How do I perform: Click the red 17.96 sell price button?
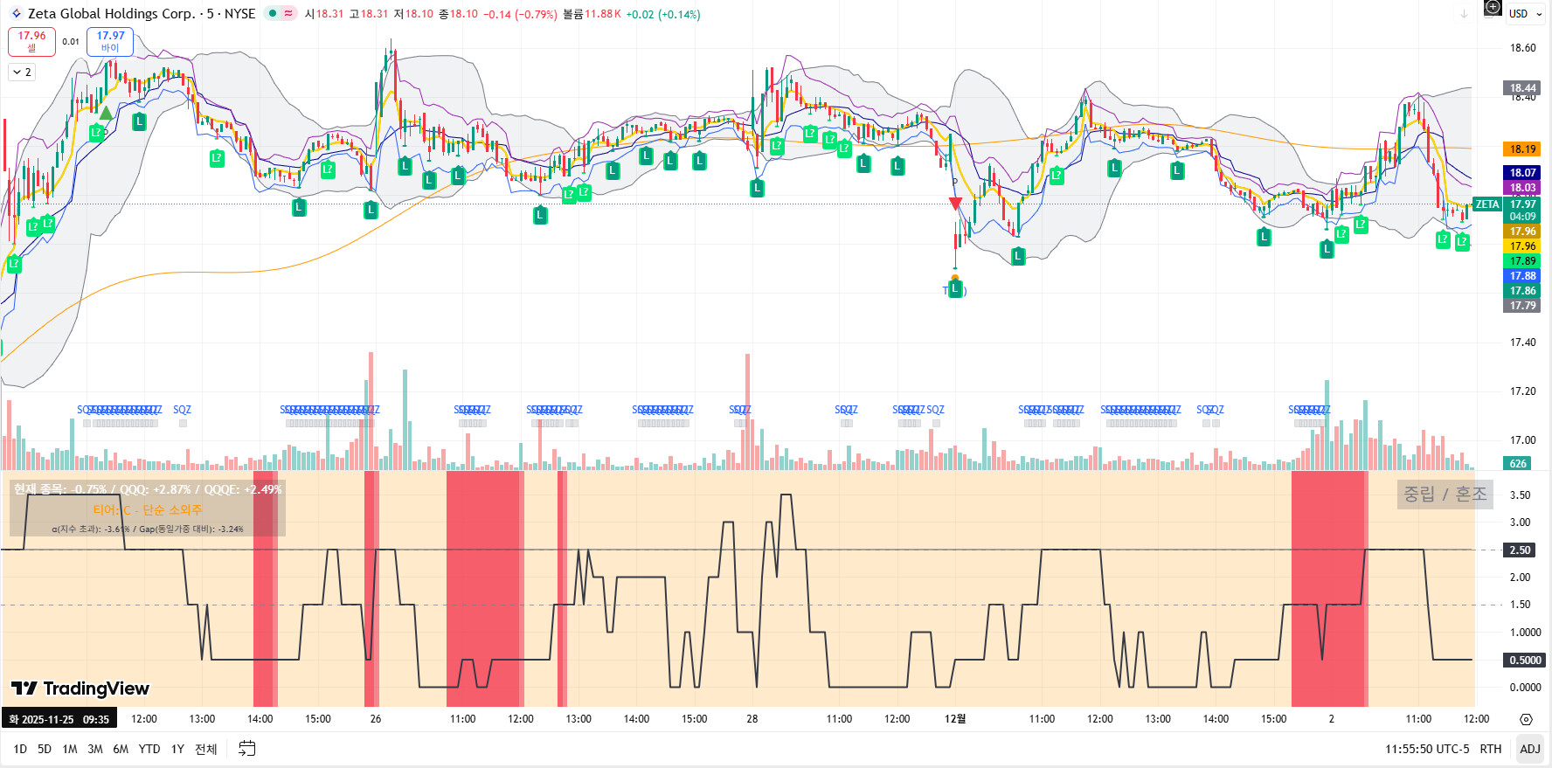coord(31,41)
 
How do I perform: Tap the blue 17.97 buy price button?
coord(110,41)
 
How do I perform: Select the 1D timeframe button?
coord(20,749)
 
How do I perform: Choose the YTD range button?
coord(149,749)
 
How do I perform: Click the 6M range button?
coord(121,749)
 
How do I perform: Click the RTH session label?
coord(1491,749)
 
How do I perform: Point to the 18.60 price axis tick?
coord(1522,48)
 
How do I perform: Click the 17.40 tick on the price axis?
coord(1522,342)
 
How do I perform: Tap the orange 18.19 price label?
coord(1522,149)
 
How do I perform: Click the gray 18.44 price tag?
coord(1522,87)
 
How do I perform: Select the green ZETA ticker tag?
coord(1487,204)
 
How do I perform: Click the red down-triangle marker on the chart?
coord(955,204)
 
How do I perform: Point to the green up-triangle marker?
coord(106,113)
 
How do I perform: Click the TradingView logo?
coord(80,688)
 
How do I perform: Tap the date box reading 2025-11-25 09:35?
coord(59,719)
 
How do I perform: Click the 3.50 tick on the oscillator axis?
coord(1520,495)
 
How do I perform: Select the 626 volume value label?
coord(1519,464)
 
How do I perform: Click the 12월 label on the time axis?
coord(955,719)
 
